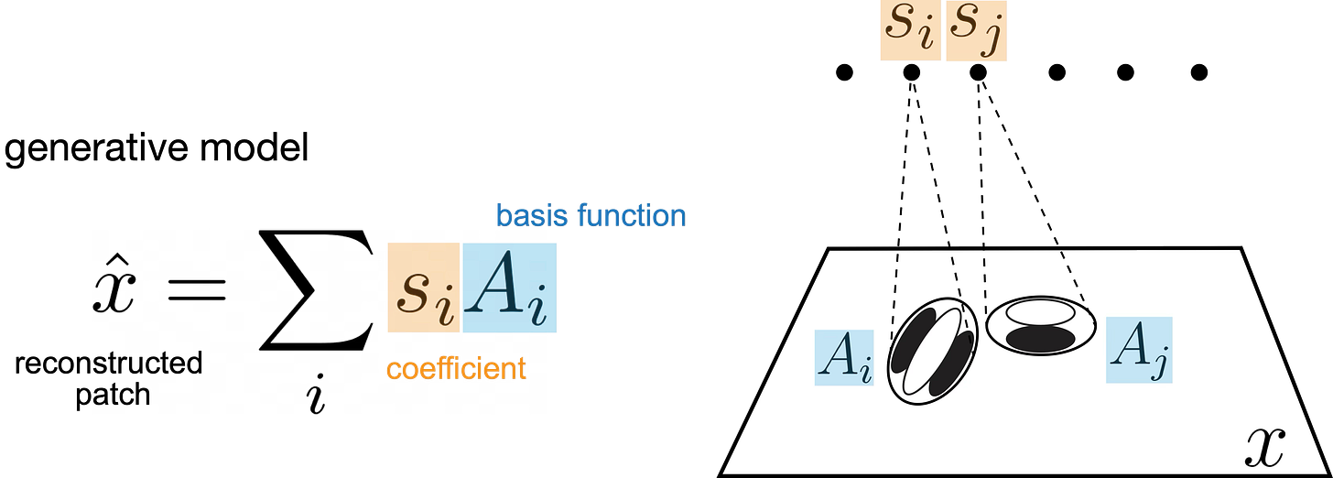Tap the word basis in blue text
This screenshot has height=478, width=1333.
click(528, 216)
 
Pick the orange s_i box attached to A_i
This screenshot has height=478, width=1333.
click(422, 288)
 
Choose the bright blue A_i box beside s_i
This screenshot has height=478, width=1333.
click(509, 288)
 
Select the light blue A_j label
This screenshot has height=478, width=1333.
click(1139, 350)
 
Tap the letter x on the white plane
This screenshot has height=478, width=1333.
click(1265, 446)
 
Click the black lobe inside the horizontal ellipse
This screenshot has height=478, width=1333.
click(1040, 337)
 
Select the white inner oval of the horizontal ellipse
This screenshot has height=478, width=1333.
click(1040, 314)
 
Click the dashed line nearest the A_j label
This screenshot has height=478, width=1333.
click(1073, 275)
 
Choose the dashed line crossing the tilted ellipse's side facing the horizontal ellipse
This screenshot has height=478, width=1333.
click(958, 275)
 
